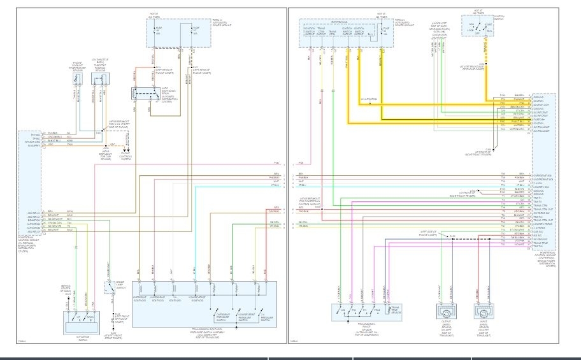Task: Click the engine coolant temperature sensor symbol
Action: (x=78, y=80)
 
